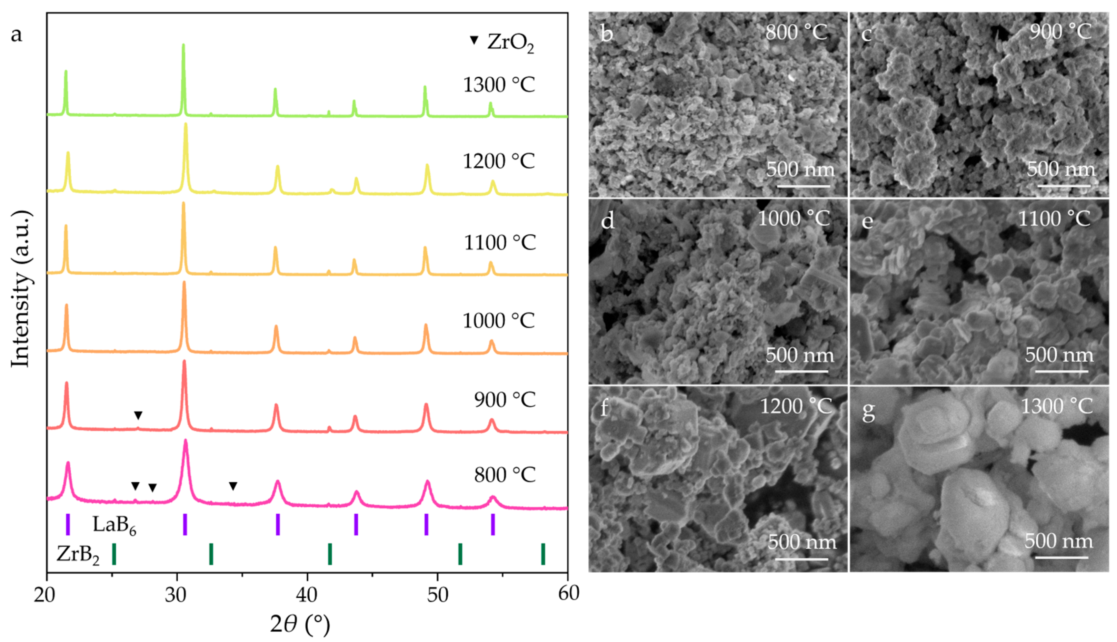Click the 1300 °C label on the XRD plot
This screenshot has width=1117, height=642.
[499, 85]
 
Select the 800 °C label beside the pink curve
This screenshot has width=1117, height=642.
[505, 475]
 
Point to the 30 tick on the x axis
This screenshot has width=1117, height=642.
[177, 595]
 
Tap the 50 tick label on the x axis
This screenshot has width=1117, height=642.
[437, 595]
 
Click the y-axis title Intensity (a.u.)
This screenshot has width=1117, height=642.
[21, 289]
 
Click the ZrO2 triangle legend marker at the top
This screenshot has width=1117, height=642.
[474, 40]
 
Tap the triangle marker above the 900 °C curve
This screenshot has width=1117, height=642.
[138, 415]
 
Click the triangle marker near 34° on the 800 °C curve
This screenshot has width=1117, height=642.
[233, 486]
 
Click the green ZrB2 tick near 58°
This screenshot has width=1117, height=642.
[543, 554]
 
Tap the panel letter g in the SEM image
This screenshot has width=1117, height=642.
[868, 411]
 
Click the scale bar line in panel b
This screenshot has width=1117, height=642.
[804, 186]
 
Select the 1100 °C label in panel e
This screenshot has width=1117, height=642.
[1054, 219]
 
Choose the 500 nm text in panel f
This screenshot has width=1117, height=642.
[802, 542]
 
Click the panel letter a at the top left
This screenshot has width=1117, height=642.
[16, 34]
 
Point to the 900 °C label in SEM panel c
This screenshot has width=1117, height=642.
[1061, 32]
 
